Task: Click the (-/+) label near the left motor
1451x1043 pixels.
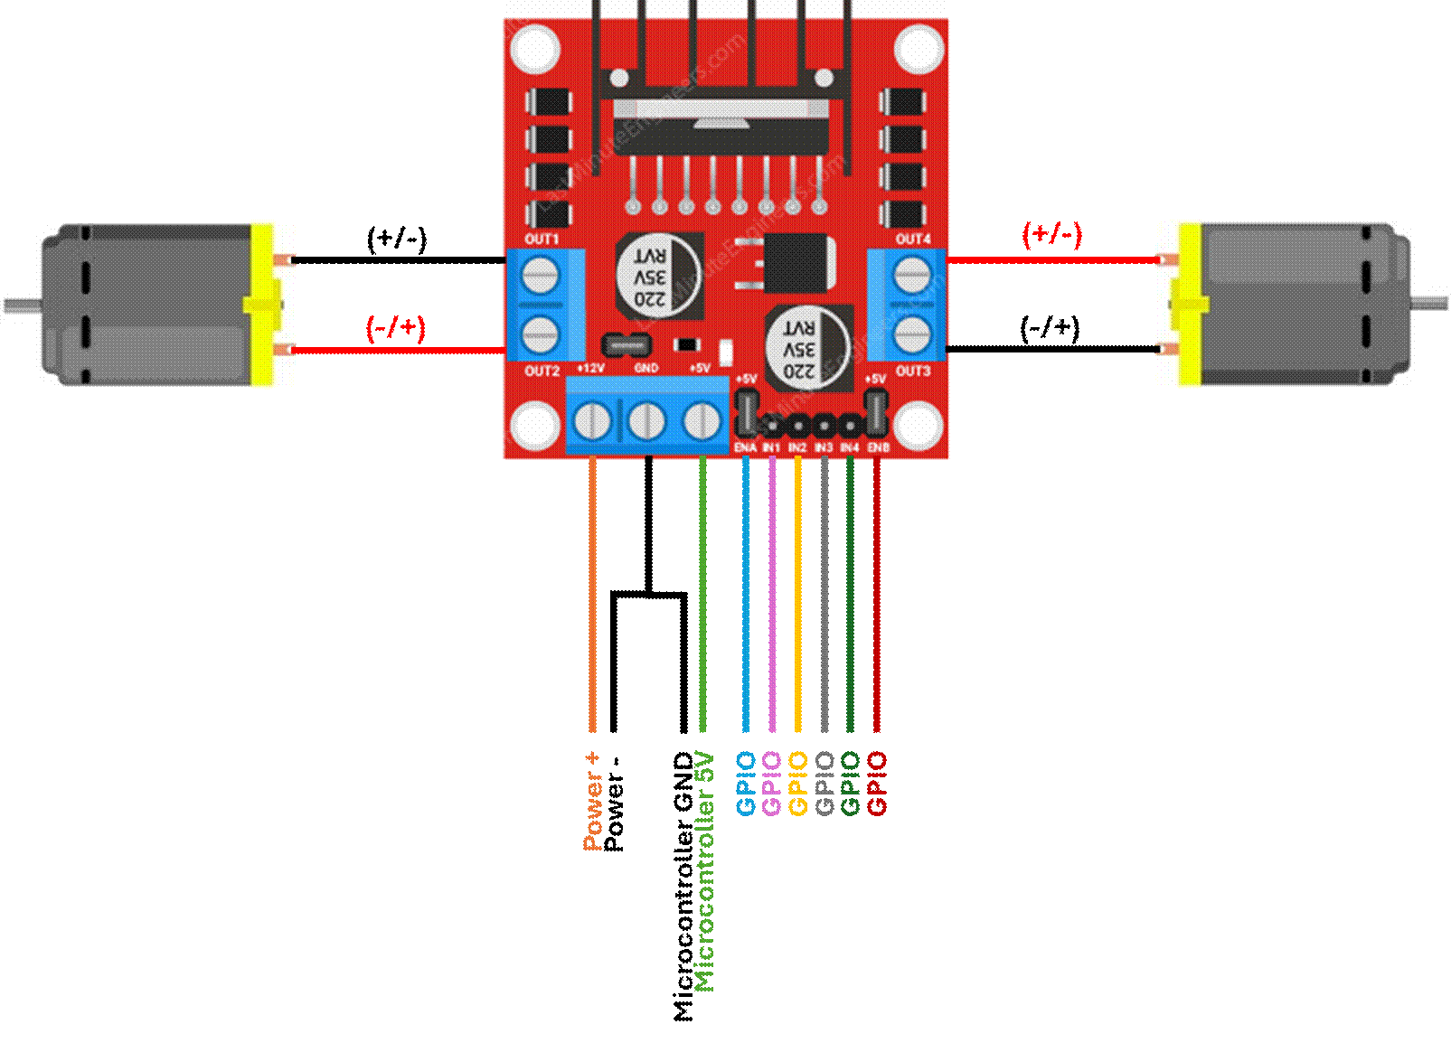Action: click(x=396, y=327)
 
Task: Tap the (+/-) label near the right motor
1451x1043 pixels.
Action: click(x=1052, y=234)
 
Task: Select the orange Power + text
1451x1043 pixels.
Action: click(x=593, y=801)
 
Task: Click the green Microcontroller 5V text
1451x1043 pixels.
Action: click(x=704, y=871)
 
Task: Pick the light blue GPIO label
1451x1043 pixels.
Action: click(x=746, y=784)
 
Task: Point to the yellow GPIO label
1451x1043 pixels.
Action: click(x=798, y=784)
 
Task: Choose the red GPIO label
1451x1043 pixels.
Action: click(x=877, y=784)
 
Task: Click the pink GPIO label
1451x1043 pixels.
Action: click(x=772, y=784)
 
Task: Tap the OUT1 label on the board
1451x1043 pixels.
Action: click(x=542, y=240)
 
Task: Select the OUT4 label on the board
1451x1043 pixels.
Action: click(x=913, y=240)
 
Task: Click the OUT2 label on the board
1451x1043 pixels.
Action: click(x=542, y=371)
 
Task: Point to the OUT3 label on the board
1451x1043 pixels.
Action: click(x=913, y=371)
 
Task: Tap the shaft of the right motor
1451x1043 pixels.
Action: click(x=1430, y=304)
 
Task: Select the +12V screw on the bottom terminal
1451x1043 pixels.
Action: click(x=592, y=421)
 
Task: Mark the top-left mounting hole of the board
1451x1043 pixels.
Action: click(x=534, y=48)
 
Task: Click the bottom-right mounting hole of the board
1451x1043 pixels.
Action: click(x=919, y=425)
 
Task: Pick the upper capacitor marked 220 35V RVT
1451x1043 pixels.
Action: click(x=657, y=276)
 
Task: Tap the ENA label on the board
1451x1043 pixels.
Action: click(x=745, y=447)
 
